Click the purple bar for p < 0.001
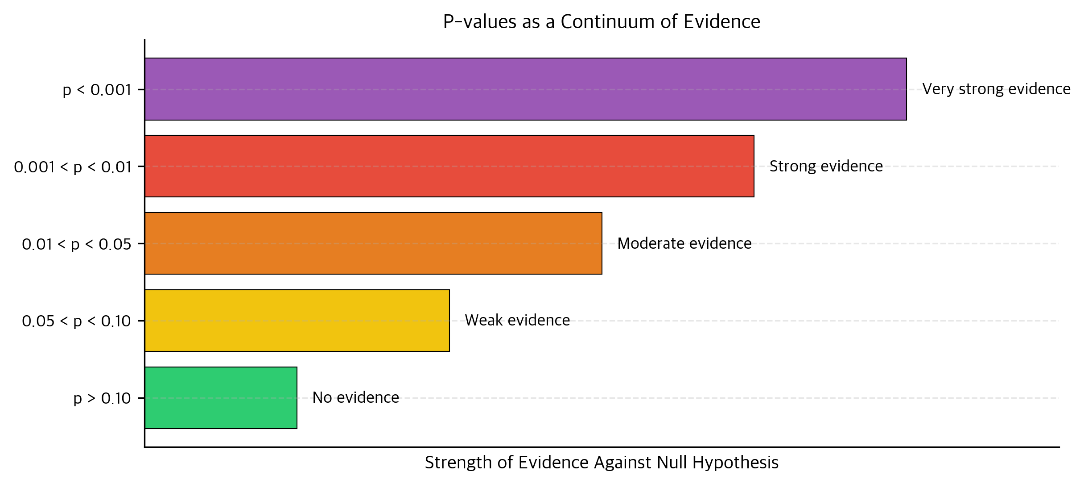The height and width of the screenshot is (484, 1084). tap(525, 89)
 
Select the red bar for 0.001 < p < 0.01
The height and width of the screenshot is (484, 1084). tap(449, 166)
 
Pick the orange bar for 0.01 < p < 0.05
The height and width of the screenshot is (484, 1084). tap(373, 243)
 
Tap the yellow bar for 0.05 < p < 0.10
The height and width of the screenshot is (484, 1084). tap(297, 321)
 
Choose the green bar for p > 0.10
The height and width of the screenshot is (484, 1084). tap(221, 398)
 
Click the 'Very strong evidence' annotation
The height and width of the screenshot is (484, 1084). tap(996, 89)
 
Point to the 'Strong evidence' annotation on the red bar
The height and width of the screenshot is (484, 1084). tap(826, 166)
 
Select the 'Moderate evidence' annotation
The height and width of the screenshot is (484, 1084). tap(684, 243)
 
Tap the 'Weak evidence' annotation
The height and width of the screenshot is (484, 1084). tap(517, 320)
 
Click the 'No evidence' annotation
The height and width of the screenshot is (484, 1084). tap(355, 397)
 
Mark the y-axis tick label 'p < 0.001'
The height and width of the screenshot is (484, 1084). tap(97, 90)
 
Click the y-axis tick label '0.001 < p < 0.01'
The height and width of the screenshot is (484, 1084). tap(73, 167)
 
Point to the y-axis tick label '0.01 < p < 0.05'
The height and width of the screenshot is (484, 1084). tap(77, 244)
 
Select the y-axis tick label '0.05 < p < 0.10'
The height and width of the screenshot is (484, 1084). tap(76, 321)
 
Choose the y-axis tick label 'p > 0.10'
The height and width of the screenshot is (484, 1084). tap(102, 398)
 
